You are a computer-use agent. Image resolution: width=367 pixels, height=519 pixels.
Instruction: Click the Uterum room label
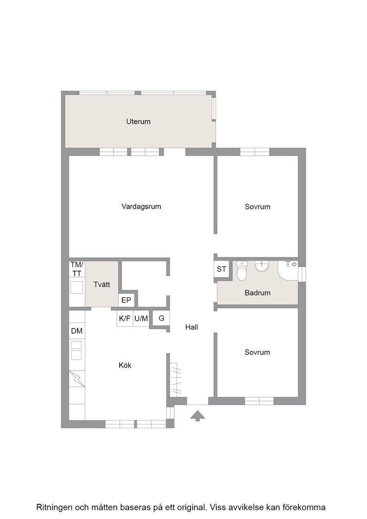coord(139,121)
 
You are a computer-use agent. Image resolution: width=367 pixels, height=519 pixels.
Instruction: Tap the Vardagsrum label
coord(141,207)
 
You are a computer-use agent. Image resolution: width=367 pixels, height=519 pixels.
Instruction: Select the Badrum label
coord(258,292)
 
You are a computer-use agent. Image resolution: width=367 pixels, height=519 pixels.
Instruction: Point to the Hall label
coord(191,327)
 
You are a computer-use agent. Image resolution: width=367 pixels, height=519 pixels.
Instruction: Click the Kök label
coord(125,365)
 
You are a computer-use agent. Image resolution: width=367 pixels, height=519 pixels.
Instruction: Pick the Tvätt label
coord(101,285)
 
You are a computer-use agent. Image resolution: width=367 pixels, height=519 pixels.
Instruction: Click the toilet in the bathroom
coord(242,271)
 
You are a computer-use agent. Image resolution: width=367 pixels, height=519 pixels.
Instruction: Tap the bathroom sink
coord(261,266)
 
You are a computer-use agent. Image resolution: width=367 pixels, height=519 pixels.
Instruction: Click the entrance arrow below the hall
coord(197,415)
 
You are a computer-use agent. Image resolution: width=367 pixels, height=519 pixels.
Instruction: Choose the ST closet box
coord(221,269)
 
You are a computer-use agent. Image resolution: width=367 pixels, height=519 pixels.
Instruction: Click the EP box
coord(127,300)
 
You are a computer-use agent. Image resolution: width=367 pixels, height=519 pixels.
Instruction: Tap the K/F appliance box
coord(125,318)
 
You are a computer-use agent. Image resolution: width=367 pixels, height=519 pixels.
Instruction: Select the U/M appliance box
coord(141,318)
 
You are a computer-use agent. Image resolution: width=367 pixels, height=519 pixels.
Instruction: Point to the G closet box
coord(162,318)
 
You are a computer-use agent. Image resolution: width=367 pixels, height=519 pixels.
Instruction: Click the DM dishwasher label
coord(77,331)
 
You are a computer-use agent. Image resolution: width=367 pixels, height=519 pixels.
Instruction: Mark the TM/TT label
coord(77,269)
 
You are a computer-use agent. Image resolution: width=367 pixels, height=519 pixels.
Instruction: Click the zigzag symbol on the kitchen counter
coord(77,379)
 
